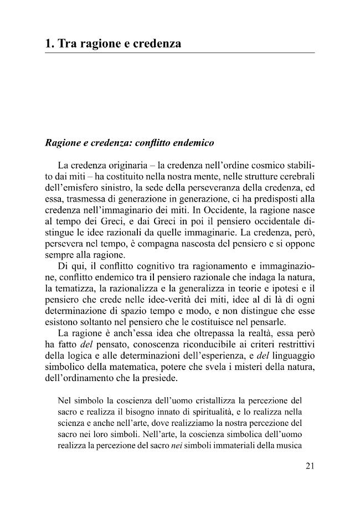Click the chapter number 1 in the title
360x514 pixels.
pyautogui.click(x=48, y=43)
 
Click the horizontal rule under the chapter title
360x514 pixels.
pyautogui.click(x=179, y=53)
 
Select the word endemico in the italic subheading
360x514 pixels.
pyautogui.click(x=193, y=142)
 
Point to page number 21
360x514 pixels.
pyautogui.click(x=310, y=466)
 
